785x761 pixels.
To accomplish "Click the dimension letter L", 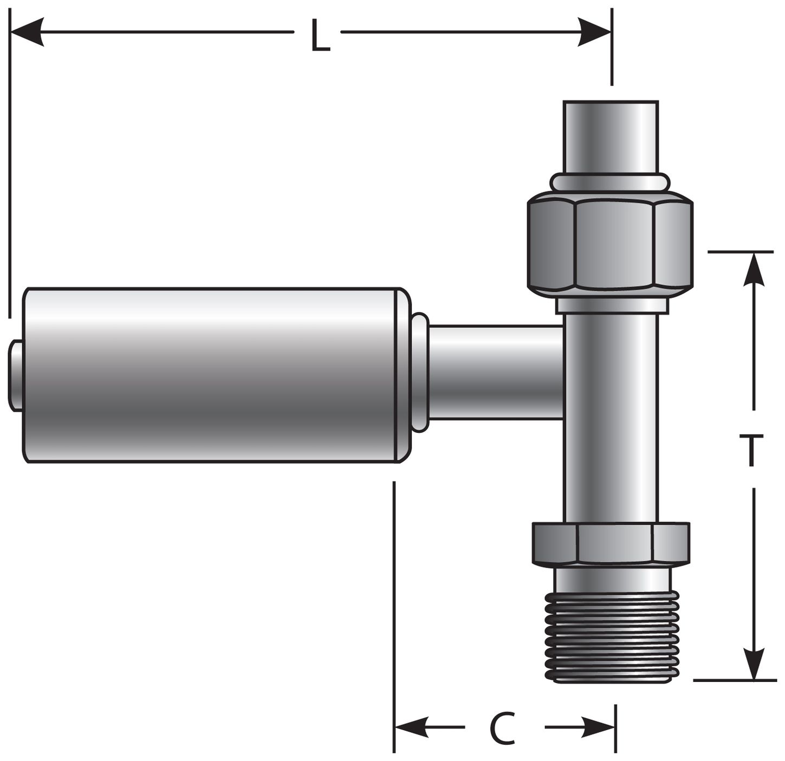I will pyautogui.click(x=320, y=36).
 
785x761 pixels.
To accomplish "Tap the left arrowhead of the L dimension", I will pyautogui.click(x=27, y=32).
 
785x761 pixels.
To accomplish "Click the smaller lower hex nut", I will pyautogui.click(x=611, y=543).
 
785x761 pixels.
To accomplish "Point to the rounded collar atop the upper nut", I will pyautogui.click(x=611, y=182).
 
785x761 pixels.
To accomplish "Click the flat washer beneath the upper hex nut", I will pyautogui.click(x=611, y=305).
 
